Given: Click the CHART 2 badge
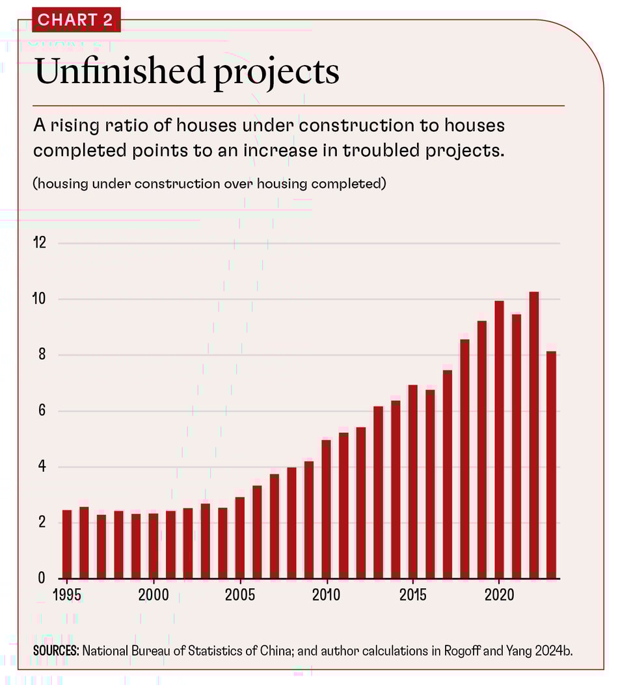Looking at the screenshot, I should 75,19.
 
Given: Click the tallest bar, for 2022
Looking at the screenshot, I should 534,435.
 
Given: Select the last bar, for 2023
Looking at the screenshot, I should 552,465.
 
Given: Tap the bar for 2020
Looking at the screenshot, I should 500,439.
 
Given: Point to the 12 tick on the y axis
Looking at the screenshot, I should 40,244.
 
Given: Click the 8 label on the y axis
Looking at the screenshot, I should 42,355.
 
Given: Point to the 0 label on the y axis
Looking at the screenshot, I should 42,578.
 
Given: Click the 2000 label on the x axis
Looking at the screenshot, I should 154,595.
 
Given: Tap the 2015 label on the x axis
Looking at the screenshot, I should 413,595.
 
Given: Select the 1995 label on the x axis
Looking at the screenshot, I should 67,595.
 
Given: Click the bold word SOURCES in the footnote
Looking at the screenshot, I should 55,650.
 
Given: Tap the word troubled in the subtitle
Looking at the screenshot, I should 376,150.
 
